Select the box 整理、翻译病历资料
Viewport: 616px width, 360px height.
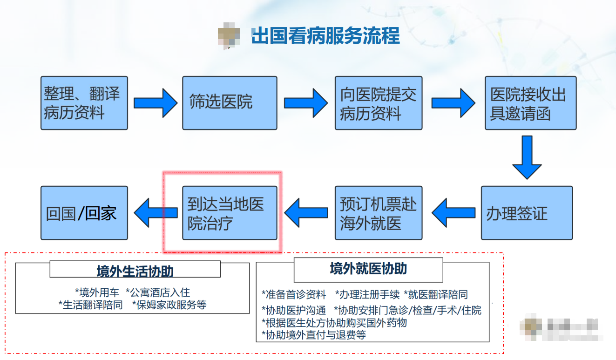(x=84, y=103)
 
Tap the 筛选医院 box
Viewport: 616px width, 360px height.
(x=230, y=103)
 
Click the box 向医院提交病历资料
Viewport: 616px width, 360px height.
(x=378, y=103)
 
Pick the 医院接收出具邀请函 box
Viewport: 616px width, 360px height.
(x=530, y=103)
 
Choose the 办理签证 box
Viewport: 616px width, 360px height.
(x=527, y=213)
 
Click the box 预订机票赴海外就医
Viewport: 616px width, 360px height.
(x=378, y=213)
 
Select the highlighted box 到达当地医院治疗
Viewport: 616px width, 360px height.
(x=230, y=213)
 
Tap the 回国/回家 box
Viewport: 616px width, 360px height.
(x=84, y=213)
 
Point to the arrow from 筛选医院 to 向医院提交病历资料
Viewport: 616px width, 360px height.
(x=305, y=103)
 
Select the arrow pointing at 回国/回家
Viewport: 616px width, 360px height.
(x=156, y=213)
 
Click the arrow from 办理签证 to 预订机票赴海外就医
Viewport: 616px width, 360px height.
(x=453, y=213)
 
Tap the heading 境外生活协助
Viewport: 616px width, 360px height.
(x=135, y=271)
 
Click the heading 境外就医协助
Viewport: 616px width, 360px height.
(x=368, y=269)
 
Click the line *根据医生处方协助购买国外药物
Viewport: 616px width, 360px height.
(x=334, y=323)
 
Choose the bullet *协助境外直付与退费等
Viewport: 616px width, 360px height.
(x=314, y=335)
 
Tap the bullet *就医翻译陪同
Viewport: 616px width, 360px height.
(x=436, y=295)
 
